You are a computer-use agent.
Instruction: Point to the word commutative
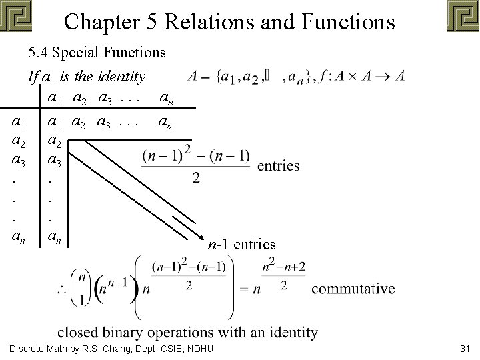click(x=353, y=289)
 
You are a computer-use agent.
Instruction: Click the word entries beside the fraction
click(x=278, y=165)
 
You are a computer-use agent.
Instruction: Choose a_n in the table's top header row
click(x=168, y=99)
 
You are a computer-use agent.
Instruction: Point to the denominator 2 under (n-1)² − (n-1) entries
click(x=196, y=178)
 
